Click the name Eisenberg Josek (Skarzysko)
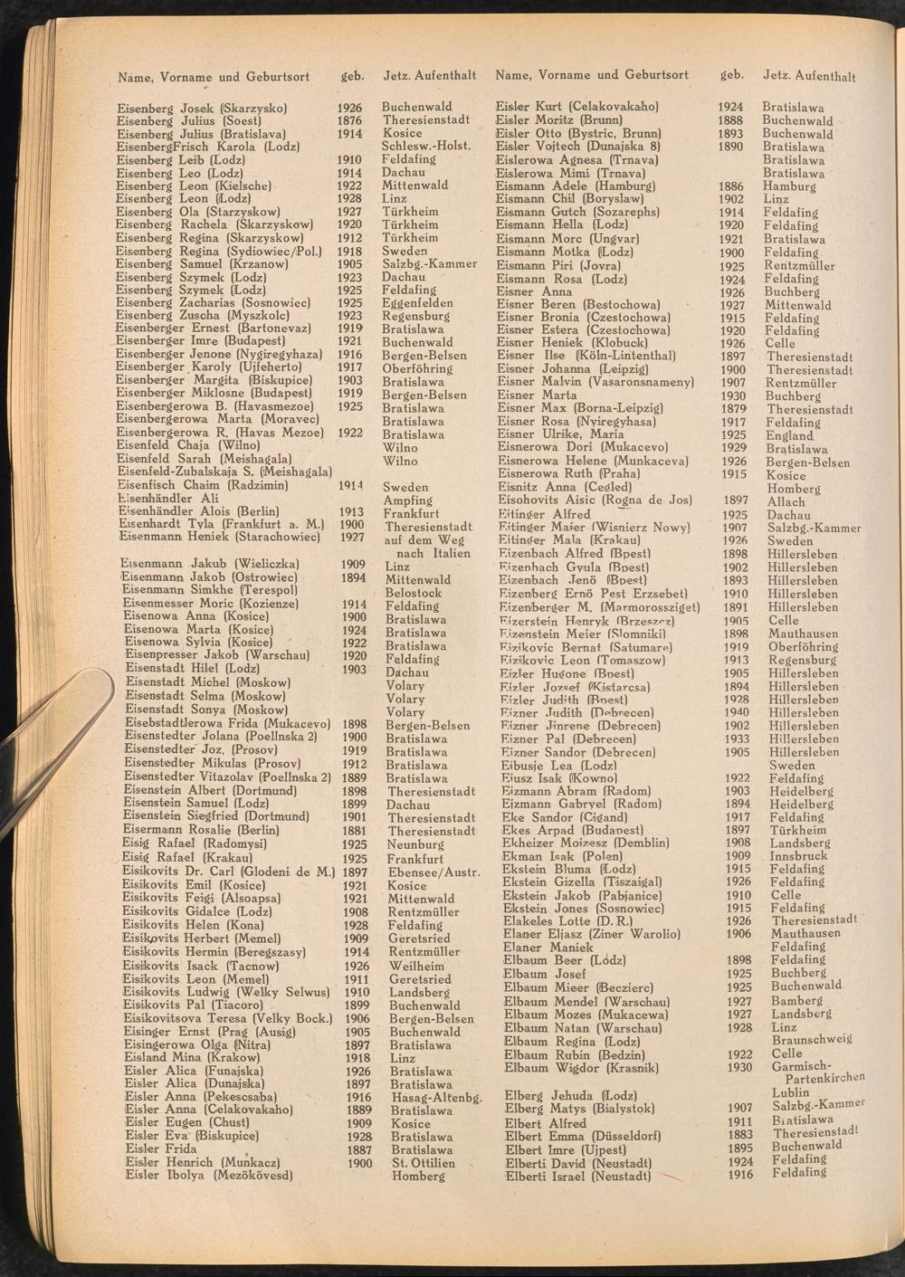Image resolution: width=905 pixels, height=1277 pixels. [202, 108]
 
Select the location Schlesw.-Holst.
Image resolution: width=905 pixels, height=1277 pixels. [425, 147]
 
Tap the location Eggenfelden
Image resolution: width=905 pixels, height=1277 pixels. [417, 304]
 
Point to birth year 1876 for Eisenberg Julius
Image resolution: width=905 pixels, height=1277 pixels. [349, 120]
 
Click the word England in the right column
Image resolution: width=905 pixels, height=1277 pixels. [788, 435]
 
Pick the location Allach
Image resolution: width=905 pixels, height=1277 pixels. [785, 501]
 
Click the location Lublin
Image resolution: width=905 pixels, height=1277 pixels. [790, 1092]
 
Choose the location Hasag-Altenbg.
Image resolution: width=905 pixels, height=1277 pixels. [434, 1097]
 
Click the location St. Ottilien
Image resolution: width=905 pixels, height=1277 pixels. [422, 1163]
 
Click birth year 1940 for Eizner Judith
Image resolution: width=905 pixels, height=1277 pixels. [737, 712]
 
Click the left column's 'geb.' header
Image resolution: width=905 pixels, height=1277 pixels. [351, 76]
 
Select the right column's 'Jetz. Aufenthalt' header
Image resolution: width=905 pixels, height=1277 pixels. [809, 76]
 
